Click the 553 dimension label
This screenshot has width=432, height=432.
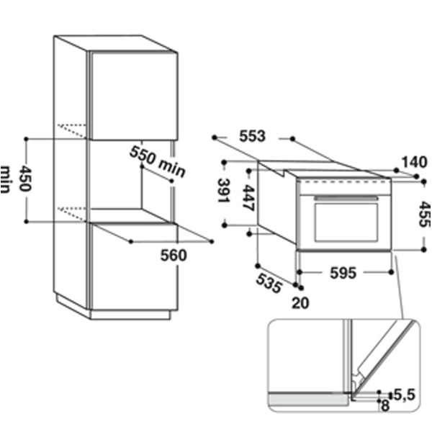click(252, 136)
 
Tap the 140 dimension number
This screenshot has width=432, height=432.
click(415, 162)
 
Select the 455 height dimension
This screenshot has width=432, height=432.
click(424, 215)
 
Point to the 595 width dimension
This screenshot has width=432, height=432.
click(343, 273)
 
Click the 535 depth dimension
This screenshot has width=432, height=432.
click(269, 284)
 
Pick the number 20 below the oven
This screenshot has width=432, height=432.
click(300, 303)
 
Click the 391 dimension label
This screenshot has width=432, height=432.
click(224, 191)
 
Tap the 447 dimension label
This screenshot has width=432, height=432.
click(248, 198)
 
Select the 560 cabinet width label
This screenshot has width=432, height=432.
click(174, 255)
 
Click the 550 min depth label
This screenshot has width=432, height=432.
click(157, 161)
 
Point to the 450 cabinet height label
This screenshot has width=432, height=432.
click(25, 179)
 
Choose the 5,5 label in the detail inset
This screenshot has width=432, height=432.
click(405, 395)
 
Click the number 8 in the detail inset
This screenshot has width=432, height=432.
click(385, 405)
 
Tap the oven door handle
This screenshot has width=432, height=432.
click(346, 199)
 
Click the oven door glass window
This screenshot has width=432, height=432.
click(346, 222)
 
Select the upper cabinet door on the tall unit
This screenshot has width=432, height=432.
click(134, 96)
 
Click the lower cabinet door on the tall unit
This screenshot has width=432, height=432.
click(135, 266)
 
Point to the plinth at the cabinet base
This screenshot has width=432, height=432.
click(130, 315)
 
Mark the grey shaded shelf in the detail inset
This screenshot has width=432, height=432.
click(309, 400)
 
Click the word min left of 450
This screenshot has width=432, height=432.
click(5, 179)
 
